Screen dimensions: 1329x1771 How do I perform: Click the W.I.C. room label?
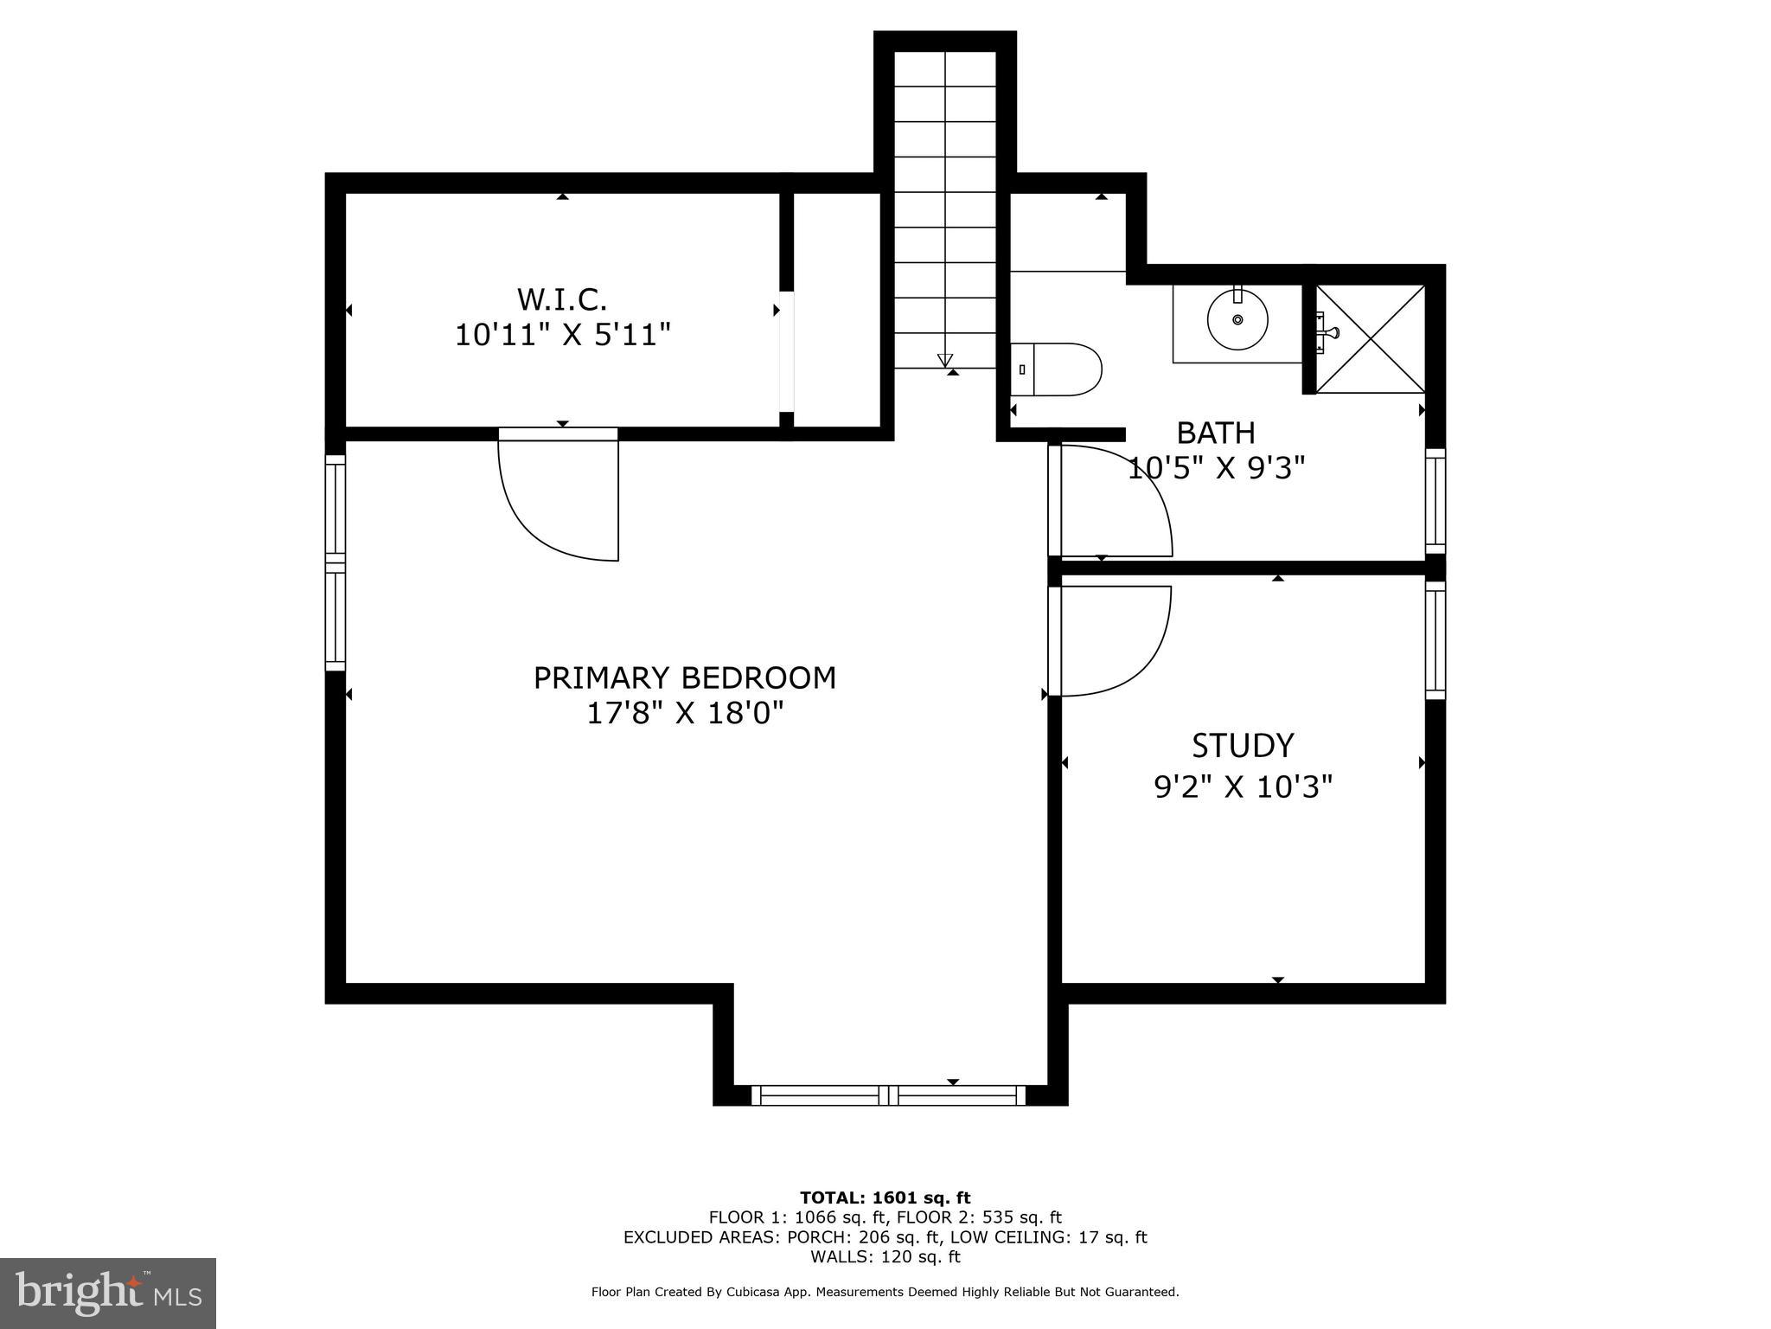562,299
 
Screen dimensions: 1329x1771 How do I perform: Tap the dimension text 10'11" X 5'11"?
563,335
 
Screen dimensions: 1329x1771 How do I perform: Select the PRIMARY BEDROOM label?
684,677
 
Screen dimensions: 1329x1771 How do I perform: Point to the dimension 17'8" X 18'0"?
685,714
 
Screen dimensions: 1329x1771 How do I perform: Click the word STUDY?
1243,745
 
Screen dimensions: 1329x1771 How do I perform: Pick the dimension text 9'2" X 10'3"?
1243,787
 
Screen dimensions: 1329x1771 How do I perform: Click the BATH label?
1216,432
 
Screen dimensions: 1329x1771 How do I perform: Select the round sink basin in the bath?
1237,320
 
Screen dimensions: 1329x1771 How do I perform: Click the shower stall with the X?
1370,338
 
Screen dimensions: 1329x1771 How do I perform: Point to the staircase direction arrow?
944,360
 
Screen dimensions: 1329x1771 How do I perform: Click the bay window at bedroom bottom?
888,1095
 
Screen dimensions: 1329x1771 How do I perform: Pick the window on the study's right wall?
1435,640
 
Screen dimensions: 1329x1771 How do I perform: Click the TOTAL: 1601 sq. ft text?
885,1197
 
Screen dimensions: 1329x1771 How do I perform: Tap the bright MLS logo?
108,1294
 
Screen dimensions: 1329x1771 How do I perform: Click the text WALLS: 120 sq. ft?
885,1257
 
